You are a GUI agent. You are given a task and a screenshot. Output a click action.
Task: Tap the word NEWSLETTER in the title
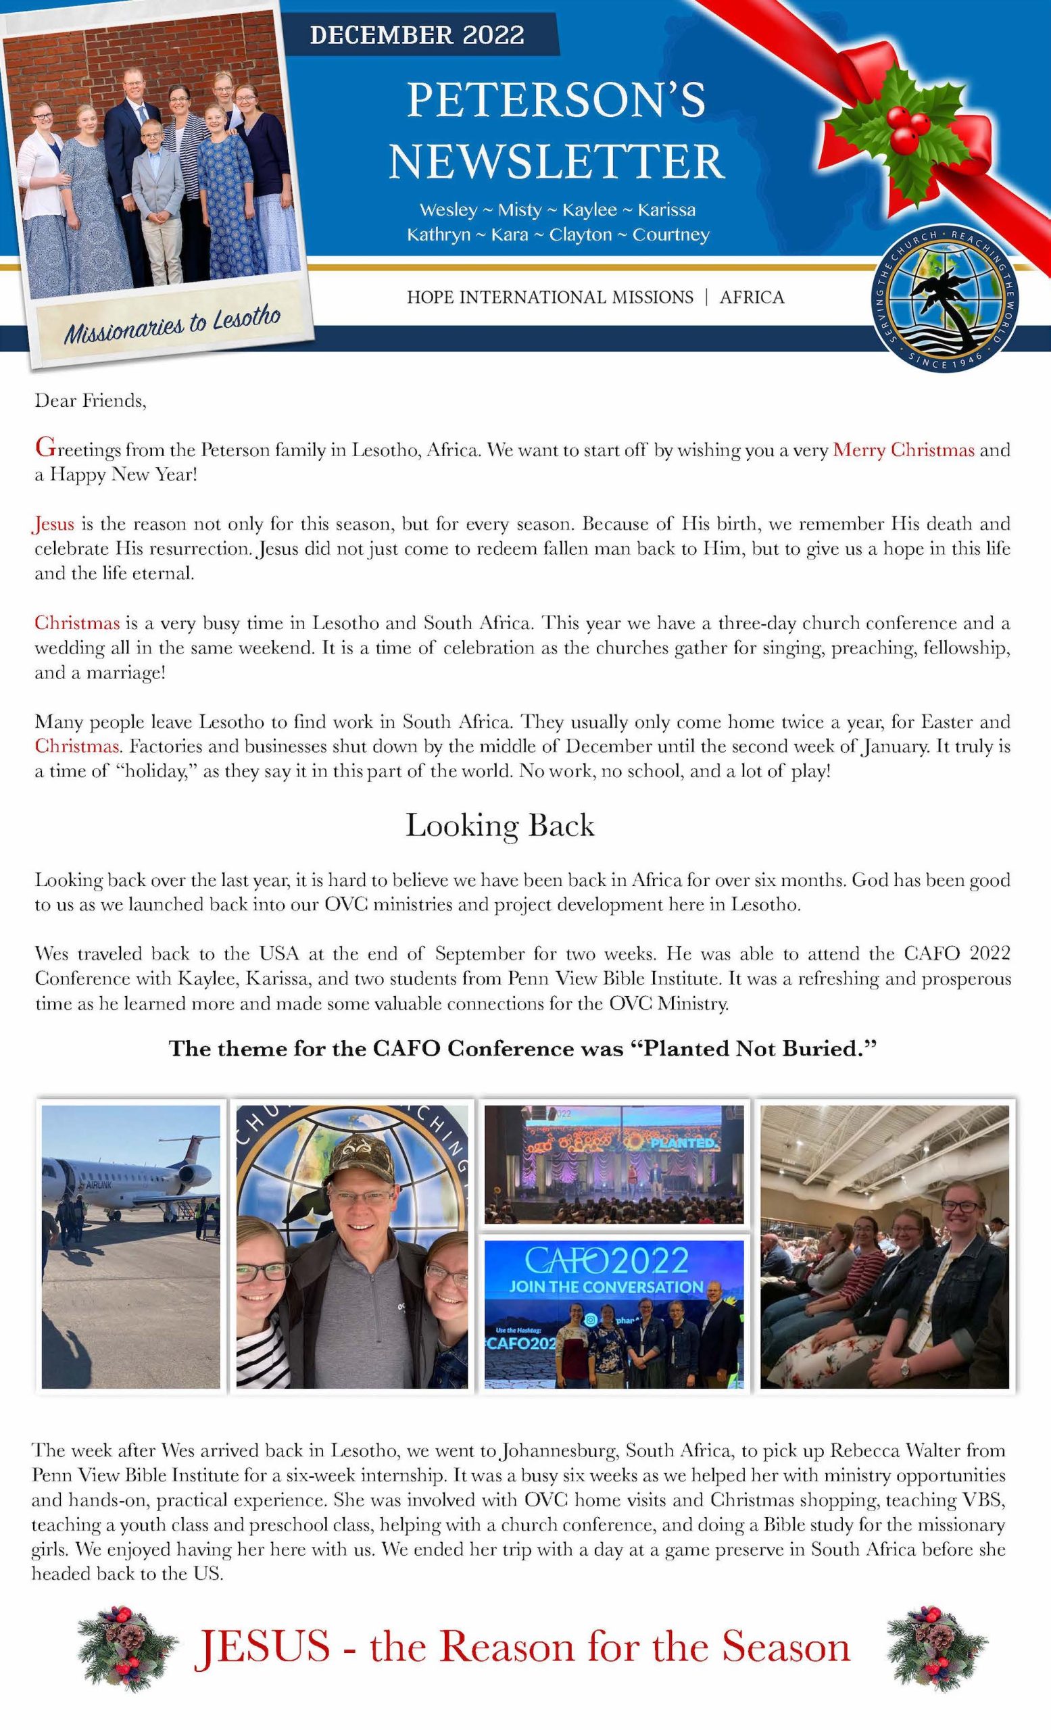556,162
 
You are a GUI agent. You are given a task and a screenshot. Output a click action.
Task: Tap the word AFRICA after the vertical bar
751,298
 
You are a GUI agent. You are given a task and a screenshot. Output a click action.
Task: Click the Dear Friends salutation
91,401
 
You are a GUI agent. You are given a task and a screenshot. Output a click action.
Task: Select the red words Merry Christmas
903,450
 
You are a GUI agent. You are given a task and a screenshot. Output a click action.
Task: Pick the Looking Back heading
500,826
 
